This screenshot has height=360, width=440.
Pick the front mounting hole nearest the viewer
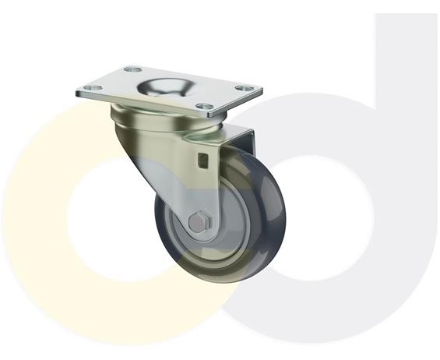pos(204,105)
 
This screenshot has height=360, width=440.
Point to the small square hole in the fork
pos(204,161)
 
